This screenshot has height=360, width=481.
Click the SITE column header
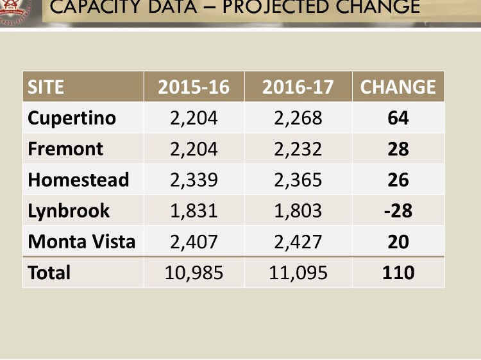coord(46,87)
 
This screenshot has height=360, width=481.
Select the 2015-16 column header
coord(193,87)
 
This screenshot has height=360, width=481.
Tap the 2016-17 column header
coord(298,87)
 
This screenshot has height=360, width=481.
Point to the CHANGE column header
coord(398,87)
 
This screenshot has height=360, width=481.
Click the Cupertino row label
coord(72,118)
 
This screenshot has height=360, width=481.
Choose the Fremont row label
coord(65,149)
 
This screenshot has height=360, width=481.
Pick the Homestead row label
coord(78,180)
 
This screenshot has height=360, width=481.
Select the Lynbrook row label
coord(69,210)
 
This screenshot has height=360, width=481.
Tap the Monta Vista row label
coord(81,242)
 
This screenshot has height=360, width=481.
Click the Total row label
coord(49,273)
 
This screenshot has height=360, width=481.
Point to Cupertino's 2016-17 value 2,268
coord(298,118)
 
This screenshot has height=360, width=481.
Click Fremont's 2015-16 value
coord(194,149)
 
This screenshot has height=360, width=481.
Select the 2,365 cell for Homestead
coord(298,180)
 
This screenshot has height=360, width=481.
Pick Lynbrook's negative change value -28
coord(398,210)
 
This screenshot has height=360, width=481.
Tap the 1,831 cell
coord(194,210)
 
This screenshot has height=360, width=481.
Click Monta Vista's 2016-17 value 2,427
coord(298,242)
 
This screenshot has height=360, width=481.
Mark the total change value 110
coord(398,273)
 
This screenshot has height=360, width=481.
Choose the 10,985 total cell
coord(194,273)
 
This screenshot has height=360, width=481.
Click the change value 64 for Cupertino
coord(398,118)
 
